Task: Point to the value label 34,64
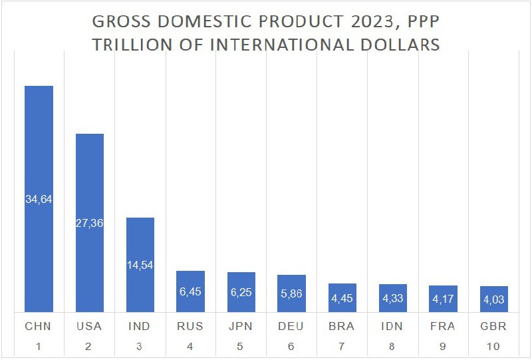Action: click(x=39, y=199)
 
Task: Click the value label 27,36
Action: click(x=89, y=222)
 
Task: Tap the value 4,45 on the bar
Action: click(x=342, y=299)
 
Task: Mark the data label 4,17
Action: click(x=443, y=299)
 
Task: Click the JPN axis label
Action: click(x=241, y=327)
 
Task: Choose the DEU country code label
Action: click(x=291, y=327)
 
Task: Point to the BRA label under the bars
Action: click(x=342, y=327)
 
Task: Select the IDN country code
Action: click(x=392, y=327)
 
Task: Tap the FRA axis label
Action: click(x=443, y=327)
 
